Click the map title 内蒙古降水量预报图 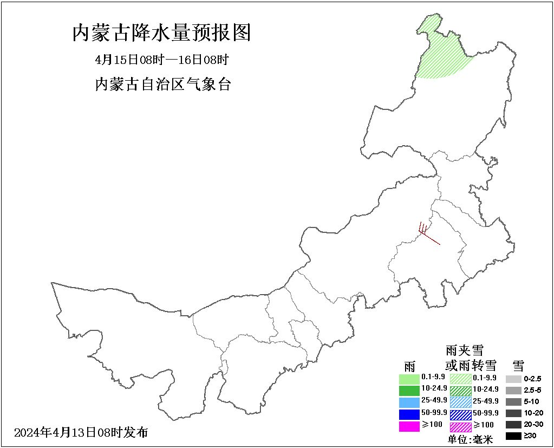click(x=162, y=33)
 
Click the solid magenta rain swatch click(x=409, y=426)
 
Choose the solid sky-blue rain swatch click(x=409, y=402)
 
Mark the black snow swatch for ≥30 click(x=514, y=436)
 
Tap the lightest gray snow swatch click(x=514, y=379)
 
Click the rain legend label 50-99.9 click(x=434, y=413)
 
